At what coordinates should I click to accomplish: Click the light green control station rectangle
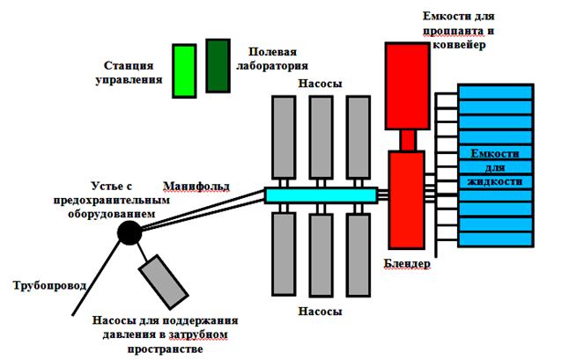(x=184, y=70)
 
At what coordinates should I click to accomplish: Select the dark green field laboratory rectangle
(x=217, y=65)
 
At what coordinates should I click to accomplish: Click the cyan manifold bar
(x=320, y=195)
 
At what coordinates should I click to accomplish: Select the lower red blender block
(x=407, y=199)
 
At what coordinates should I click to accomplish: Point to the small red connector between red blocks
(x=407, y=140)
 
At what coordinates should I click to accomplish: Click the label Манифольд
(x=196, y=186)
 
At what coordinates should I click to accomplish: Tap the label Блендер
(x=408, y=263)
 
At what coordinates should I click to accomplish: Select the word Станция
(x=130, y=66)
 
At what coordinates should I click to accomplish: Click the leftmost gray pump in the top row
(x=284, y=136)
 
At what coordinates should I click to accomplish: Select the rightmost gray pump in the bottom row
(x=359, y=253)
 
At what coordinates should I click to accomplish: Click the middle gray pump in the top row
(x=321, y=136)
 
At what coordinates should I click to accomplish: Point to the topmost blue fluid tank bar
(x=496, y=92)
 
